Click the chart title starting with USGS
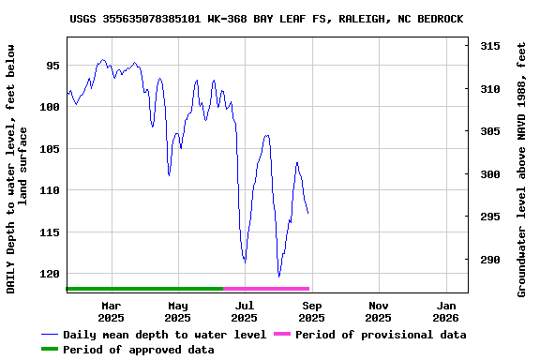266,19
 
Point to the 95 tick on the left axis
52,66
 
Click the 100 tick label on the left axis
50,107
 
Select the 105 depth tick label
50,149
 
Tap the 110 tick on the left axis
50,190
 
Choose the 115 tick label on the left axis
50,232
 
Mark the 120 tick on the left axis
50,274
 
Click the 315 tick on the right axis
488,46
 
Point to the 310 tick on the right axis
488,89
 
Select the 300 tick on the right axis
488,174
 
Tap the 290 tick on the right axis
488,260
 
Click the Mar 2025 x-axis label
111,311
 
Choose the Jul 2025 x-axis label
245,311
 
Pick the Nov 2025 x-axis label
379,311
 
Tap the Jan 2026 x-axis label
446,311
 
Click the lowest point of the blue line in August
278,277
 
